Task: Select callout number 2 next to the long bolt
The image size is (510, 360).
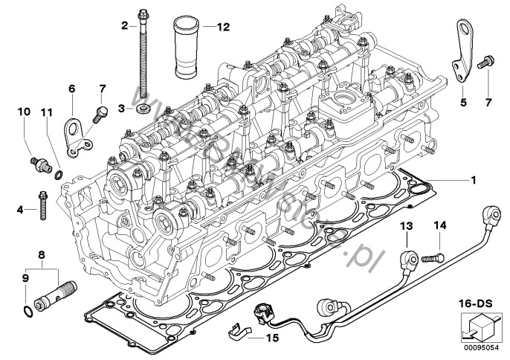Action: tap(125, 26)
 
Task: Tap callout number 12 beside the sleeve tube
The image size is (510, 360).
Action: tap(223, 26)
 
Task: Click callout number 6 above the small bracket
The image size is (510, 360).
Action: tap(72, 89)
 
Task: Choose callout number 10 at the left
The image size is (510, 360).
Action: tap(24, 112)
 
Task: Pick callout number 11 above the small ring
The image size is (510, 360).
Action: tap(46, 112)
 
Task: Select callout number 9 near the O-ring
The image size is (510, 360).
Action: tap(26, 279)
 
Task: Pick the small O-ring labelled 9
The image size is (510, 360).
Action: tap(28, 309)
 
